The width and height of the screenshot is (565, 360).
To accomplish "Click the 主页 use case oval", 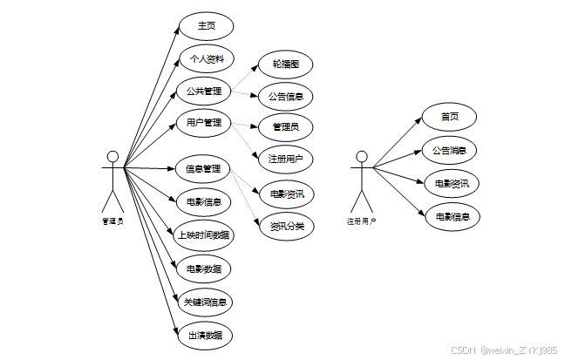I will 207,26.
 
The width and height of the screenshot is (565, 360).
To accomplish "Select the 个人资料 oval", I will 207,58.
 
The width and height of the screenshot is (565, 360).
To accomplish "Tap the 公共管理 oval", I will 204,91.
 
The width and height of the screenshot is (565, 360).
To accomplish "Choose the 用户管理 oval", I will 204,123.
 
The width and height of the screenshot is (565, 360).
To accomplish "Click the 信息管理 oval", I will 204,168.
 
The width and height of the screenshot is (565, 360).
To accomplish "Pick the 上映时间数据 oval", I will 204,234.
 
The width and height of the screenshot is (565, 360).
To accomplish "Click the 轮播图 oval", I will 286,64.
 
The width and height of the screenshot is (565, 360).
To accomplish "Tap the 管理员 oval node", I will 286,127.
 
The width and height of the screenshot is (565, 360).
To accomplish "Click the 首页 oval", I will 450,117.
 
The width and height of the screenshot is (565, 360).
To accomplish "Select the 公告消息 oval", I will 450,150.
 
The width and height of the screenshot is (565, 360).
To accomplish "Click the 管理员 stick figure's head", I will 112,157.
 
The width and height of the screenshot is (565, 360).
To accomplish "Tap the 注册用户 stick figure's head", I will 361,157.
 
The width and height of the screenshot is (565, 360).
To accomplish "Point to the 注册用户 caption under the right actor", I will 361,222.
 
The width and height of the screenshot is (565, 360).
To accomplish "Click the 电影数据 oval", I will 204,268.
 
